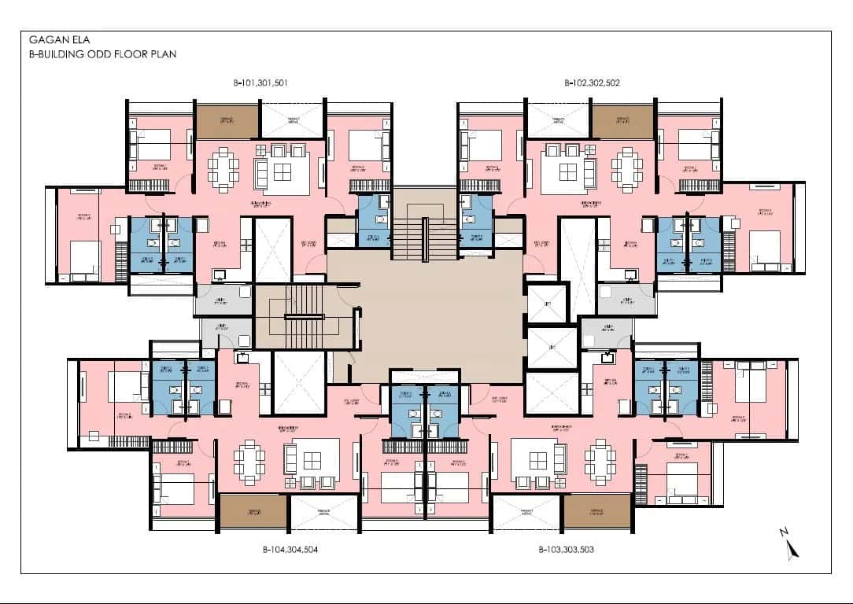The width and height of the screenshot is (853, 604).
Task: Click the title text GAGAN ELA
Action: (x=53, y=39)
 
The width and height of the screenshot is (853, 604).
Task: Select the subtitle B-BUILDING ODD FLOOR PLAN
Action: (x=102, y=54)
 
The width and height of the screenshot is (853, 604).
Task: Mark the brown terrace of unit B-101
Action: (x=227, y=120)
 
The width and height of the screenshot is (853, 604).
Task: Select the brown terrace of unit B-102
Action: (x=622, y=120)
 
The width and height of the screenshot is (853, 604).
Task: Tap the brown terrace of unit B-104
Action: (x=253, y=511)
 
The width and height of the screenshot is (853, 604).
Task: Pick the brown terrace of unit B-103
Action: (x=597, y=511)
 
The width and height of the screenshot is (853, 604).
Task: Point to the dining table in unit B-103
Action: (x=600, y=462)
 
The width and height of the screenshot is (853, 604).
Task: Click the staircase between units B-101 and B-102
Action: (x=408, y=233)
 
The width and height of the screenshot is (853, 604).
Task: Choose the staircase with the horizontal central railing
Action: (x=304, y=315)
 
